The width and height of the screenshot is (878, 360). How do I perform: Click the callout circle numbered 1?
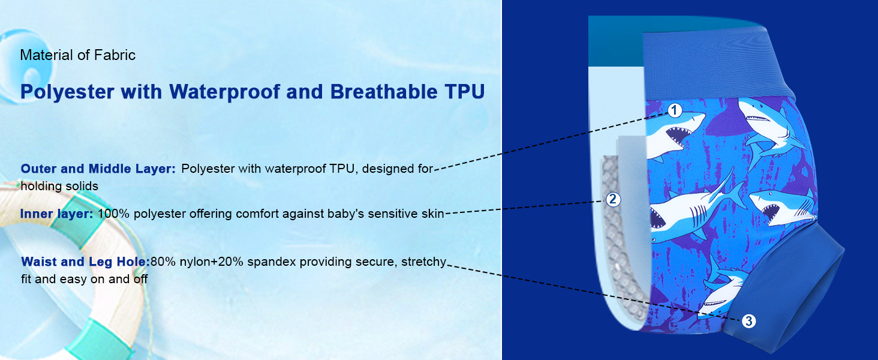pyautogui.click(x=674, y=110)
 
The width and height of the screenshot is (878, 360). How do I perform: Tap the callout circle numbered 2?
pyautogui.click(x=613, y=199)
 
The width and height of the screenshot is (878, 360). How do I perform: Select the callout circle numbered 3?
pyautogui.click(x=748, y=321)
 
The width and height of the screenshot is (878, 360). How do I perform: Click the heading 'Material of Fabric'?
pyautogui.click(x=77, y=55)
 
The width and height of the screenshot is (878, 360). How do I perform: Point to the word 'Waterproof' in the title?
pyautogui.click(x=224, y=92)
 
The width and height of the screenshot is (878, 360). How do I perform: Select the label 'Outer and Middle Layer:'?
pyautogui.click(x=98, y=169)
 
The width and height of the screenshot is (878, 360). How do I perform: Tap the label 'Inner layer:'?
pyautogui.click(x=57, y=214)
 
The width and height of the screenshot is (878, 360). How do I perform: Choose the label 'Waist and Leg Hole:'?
pyautogui.click(x=85, y=262)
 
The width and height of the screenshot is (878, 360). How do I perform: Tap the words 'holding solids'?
pyautogui.click(x=59, y=186)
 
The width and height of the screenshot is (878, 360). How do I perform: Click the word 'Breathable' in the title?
pyautogui.click(x=384, y=92)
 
